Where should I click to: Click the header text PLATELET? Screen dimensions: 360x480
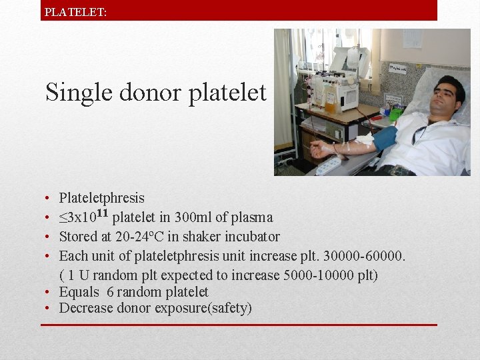tap(75, 11)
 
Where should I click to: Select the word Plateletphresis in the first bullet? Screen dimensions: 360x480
tap(101, 198)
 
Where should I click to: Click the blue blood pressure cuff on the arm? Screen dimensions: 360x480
tap(385, 139)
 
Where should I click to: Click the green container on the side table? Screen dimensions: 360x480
tap(396, 114)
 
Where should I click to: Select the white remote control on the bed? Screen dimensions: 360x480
tap(328, 165)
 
